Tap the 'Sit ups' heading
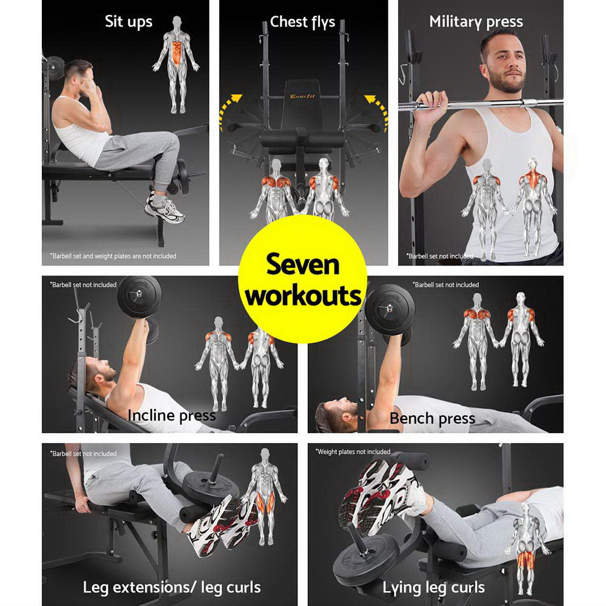pyautogui.click(x=128, y=22)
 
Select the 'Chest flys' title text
pyautogui.click(x=302, y=22)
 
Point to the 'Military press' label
pyautogui.click(x=476, y=22)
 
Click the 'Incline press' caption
pyautogui.click(x=171, y=415)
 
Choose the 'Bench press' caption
pyautogui.click(x=432, y=418)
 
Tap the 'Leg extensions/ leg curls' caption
pyautogui.click(x=171, y=587)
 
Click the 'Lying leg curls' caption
pyautogui.click(x=433, y=587)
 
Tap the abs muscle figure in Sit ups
pyautogui.click(x=176, y=64)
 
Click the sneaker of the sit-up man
pyautogui.click(x=164, y=208)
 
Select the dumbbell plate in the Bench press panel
pyautogui.click(x=390, y=308)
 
